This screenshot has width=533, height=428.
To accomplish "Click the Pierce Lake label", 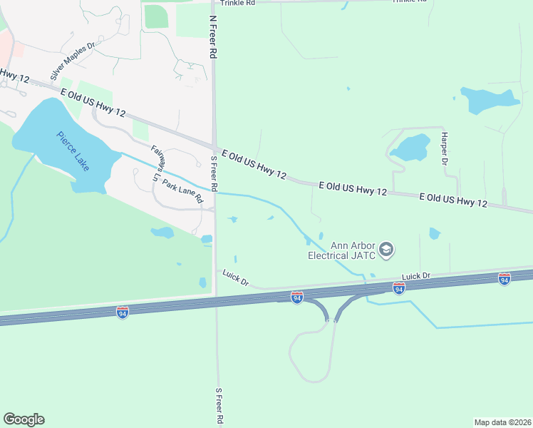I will (x=73, y=151).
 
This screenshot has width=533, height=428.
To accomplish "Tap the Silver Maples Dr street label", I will (x=72, y=62).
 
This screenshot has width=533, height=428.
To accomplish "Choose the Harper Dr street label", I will (x=444, y=148).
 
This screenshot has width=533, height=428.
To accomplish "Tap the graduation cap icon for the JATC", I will (x=386, y=250).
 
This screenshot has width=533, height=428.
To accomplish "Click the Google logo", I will (x=24, y=419).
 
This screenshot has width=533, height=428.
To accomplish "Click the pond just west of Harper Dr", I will (x=412, y=148).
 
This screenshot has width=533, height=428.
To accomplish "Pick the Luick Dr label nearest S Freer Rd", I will (x=235, y=277).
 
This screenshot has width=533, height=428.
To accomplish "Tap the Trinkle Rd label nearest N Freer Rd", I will (x=237, y=3).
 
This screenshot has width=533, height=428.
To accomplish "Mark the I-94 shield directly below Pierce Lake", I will (x=123, y=312).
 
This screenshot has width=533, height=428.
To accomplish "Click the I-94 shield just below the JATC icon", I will (x=399, y=287).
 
